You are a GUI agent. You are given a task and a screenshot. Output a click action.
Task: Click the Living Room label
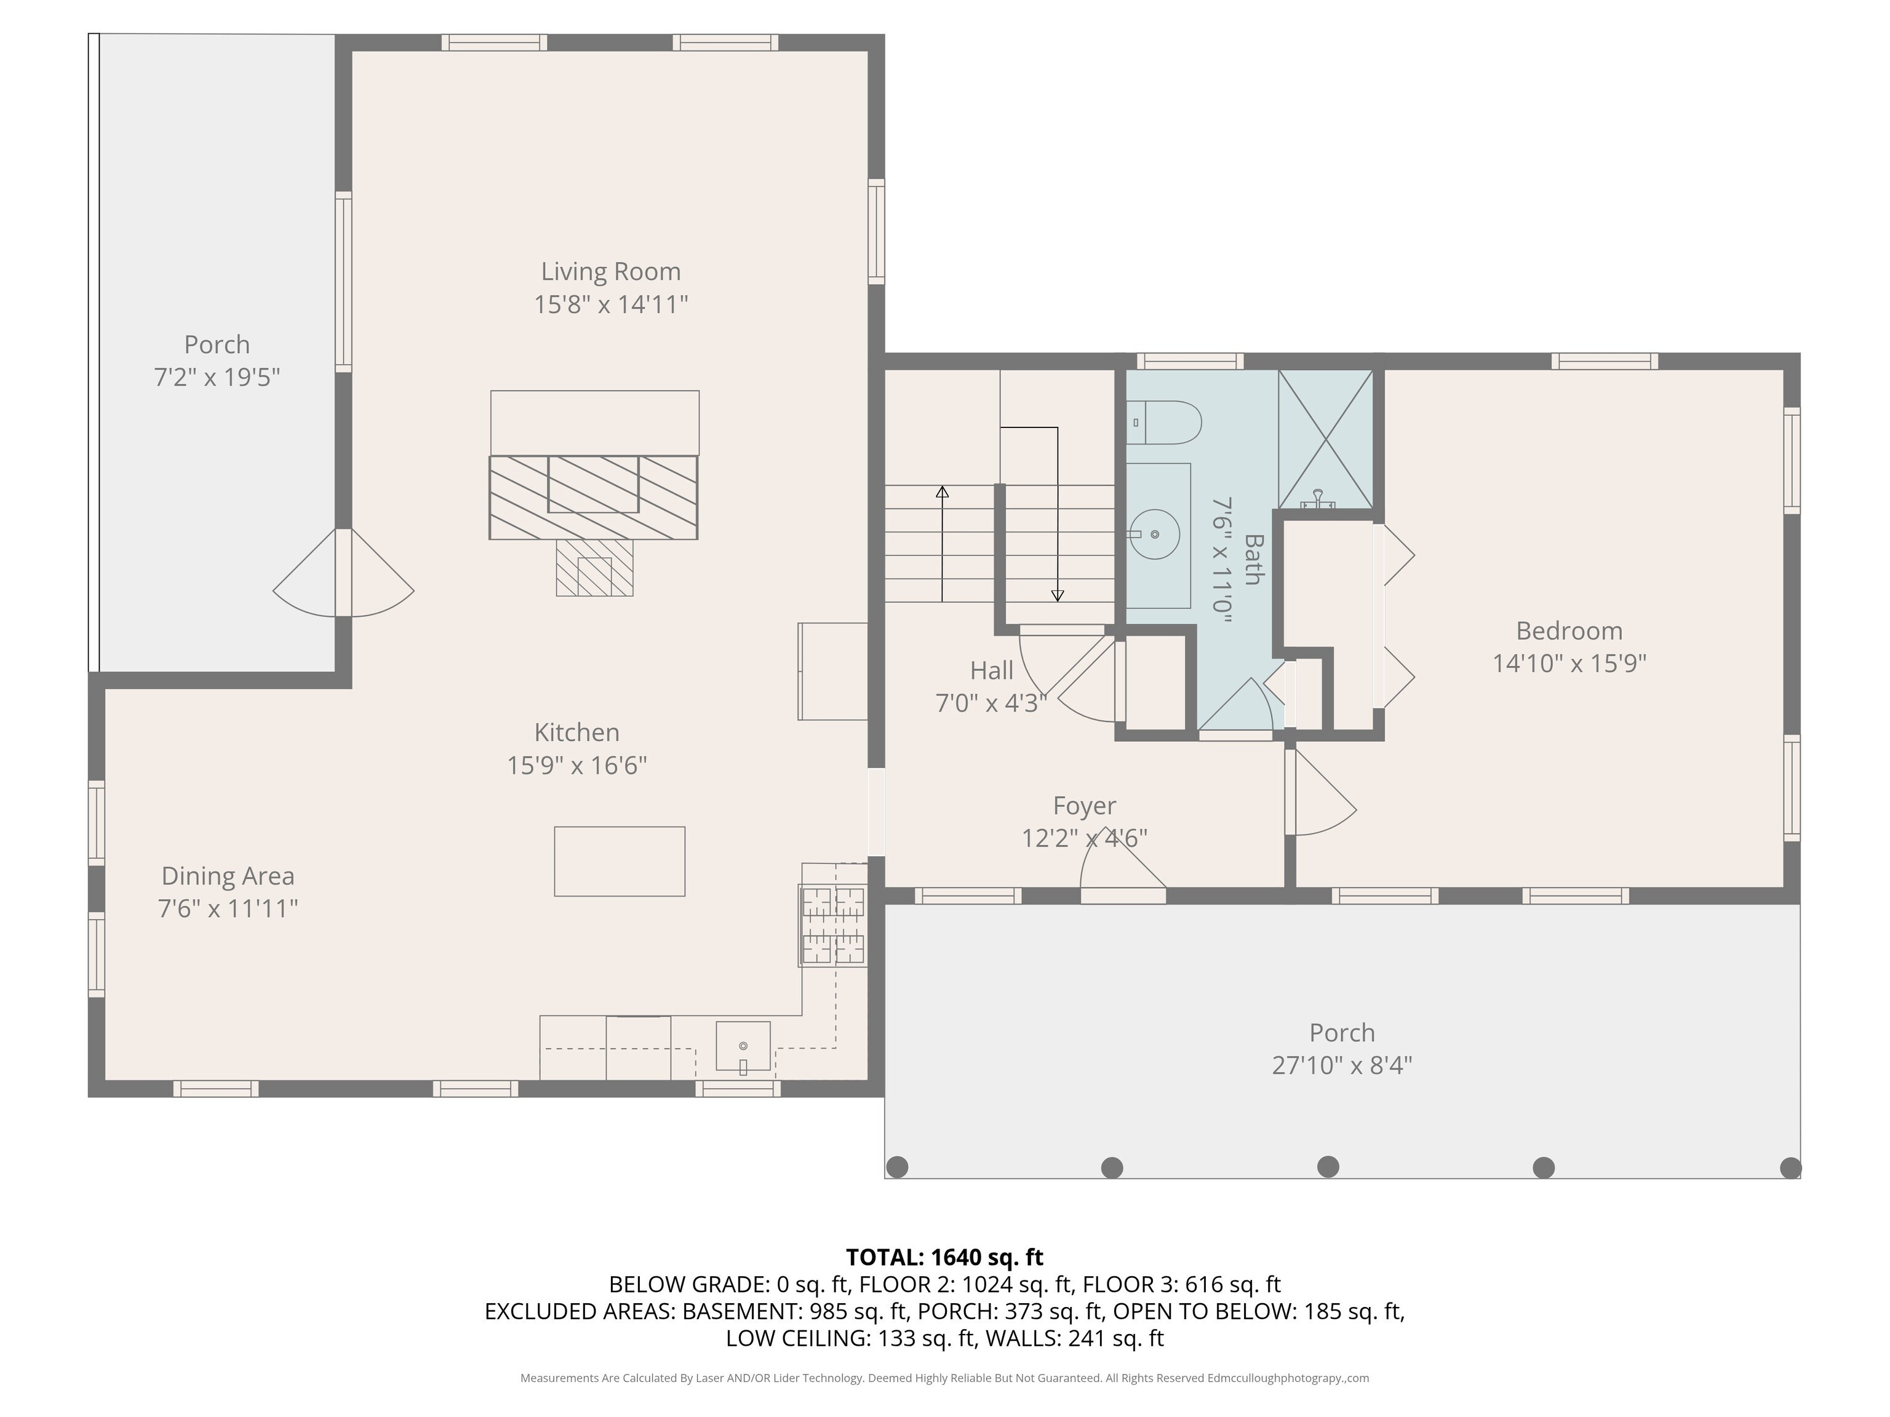pyautogui.click(x=611, y=272)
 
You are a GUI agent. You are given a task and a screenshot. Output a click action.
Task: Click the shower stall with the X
pyautogui.click(x=1325, y=439)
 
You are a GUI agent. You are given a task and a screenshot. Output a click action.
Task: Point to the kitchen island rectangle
pyautogui.click(x=620, y=861)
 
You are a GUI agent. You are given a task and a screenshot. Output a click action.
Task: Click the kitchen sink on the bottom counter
pyautogui.click(x=743, y=1046)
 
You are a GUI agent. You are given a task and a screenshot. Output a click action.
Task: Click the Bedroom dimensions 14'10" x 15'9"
pyautogui.click(x=1569, y=664)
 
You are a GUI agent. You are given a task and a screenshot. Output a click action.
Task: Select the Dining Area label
pyautogui.click(x=228, y=876)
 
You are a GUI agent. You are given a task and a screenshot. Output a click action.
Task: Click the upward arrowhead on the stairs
pyautogui.click(x=943, y=492)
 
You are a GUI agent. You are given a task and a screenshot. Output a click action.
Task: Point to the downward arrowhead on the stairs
pyautogui.click(x=1058, y=595)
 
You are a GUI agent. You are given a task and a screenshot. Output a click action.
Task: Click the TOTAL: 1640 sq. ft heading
pyautogui.click(x=944, y=1257)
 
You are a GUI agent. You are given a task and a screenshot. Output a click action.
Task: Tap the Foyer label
pyautogui.click(x=1084, y=806)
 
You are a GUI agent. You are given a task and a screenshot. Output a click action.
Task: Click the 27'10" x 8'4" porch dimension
pyautogui.click(x=1341, y=1066)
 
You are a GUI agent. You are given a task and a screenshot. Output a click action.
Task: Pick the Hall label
pyautogui.click(x=991, y=670)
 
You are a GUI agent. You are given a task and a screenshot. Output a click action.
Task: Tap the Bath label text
pyautogui.click(x=1253, y=560)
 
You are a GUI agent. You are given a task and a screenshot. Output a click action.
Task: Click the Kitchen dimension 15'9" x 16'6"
pyautogui.click(x=576, y=765)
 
